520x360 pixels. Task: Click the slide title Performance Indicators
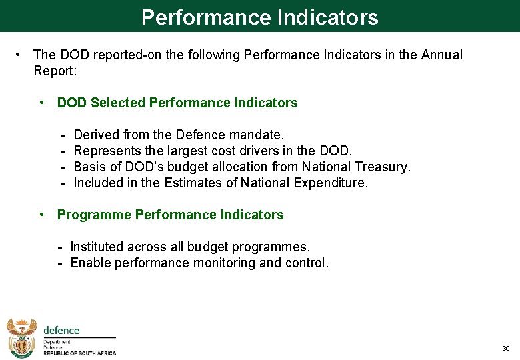(x=259, y=17)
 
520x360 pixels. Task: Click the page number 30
(x=505, y=349)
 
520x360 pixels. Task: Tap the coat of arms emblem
(x=22, y=337)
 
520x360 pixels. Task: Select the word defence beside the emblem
(x=61, y=331)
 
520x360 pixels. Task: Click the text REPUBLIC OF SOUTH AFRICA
(x=79, y=353)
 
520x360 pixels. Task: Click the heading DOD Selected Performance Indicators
(x=177, y=103)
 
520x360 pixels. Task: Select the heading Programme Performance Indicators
(x=170, y=215)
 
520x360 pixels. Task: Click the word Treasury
(x=382, y=167)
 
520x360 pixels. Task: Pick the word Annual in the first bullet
(x=441, y=55)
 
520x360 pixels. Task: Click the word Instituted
(x=98, y=247)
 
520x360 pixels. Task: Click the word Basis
(x=89, y=167)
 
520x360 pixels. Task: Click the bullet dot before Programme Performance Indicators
(x=42, y=215)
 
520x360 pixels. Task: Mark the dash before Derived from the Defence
(x=63, y=135)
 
